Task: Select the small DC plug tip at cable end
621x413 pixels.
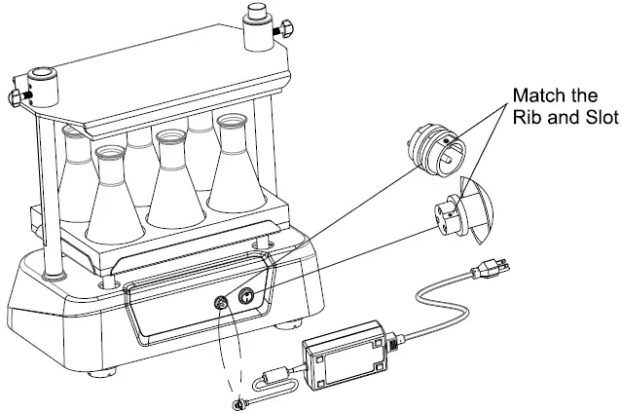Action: (x=237, y=402)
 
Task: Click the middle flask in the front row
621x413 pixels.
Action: (x=175, y=185)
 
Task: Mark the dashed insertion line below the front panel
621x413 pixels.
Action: (x=230, y=351)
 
